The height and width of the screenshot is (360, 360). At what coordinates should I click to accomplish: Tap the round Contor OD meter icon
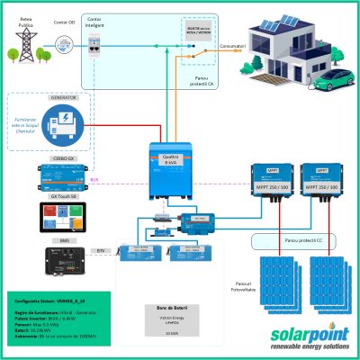pyautogui.click(x=64, y=42)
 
